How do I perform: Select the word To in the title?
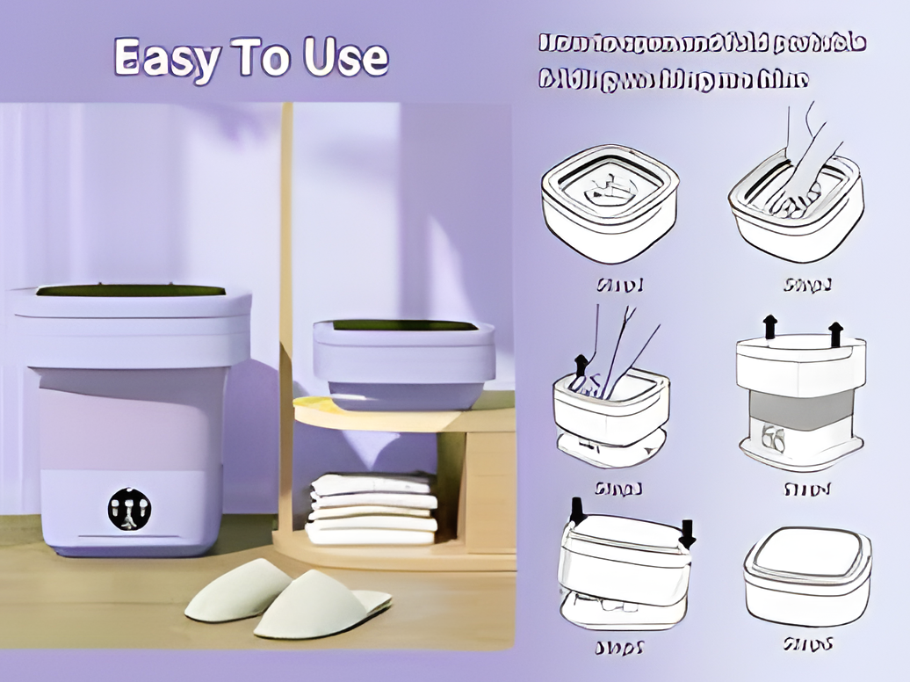tap(262, 58)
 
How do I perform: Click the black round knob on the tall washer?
tap(130, 508)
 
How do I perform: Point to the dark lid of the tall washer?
tap(130, 290)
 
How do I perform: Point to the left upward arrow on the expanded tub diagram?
tap(770, 327)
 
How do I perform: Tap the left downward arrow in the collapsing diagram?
tap(577, 510)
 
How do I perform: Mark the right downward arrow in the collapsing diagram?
tap(688, 532)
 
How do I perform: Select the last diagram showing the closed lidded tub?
tap(807, 576)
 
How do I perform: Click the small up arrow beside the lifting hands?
tap(581, 364)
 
